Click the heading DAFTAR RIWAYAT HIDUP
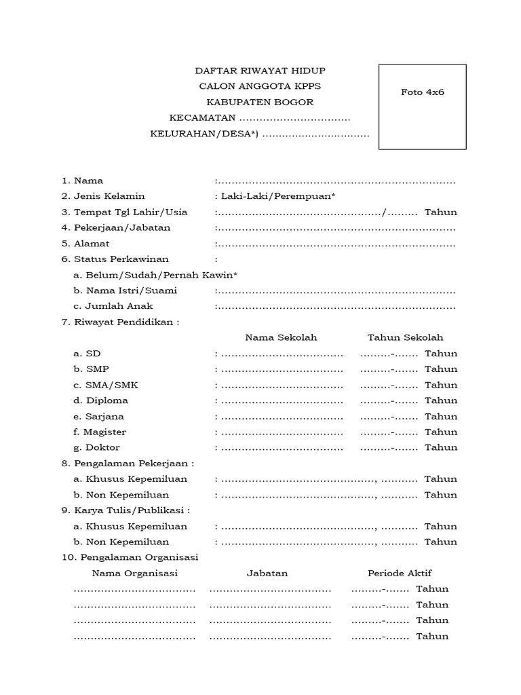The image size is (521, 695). (x=260, y=71)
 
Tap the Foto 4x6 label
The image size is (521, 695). (x=422, y=92)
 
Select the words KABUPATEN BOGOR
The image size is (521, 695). (x=260, y=102)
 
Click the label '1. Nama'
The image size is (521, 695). (x=82, y=181)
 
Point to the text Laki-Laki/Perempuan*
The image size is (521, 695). (x=277, y=196)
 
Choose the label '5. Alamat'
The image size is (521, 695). (x=85, y=243)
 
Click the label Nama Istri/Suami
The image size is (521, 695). (x=126, y=290)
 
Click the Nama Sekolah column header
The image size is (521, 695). (x=281, y=337)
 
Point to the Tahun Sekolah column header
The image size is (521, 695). (x=405, y=337)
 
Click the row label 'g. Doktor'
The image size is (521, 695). (x=97, y=447)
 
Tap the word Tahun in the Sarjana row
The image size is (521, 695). (x=441, y=416)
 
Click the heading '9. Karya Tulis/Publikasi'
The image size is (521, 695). (x=126, y=510)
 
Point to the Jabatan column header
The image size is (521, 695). (x=267, y=574)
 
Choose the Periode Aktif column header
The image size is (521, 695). (x=400, y=574)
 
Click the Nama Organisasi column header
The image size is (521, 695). (x=134, y=574)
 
